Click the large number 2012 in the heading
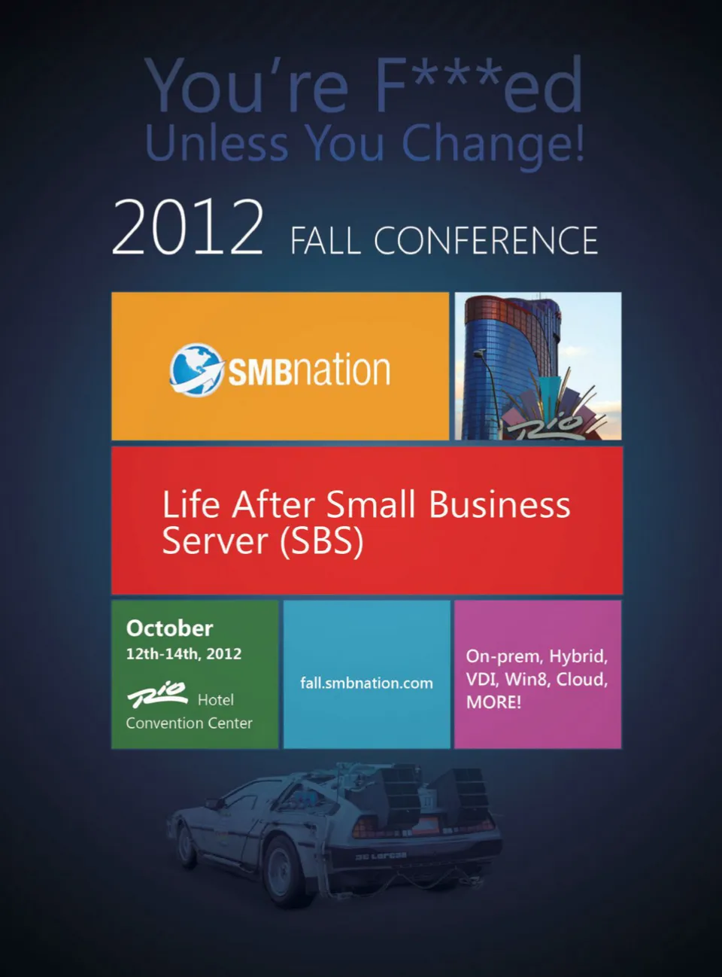[x=188, y=227]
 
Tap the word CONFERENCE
[x=486, y=241]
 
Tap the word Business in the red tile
[x=499, y=504]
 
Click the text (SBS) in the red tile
[x=322, y=541]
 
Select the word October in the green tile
[x=169, y=629]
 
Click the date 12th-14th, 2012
[x=184, y=653]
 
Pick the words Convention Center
[x=189, y=723]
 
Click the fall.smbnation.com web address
[x=366, y=683]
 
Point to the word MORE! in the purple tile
[x=493, y=702]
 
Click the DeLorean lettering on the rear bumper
[x=381, y=857]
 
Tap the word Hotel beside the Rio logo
[x=216, y=700]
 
